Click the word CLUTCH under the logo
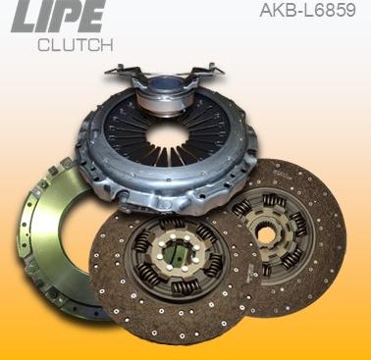click(75, 45)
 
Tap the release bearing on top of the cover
click(161, 90)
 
